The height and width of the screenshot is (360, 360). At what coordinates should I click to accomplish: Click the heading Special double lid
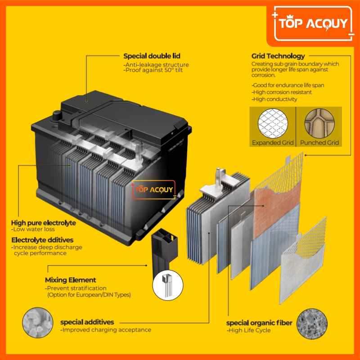[x=152, y=56]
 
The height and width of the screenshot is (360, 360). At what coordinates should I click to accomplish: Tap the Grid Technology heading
[x=278, y=56]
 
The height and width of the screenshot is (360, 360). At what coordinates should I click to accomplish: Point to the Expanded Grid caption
[x=273, y=143]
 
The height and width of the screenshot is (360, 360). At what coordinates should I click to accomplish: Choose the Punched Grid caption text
[x=319, y=143]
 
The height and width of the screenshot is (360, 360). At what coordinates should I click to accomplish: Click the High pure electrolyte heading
[x=43, y=223]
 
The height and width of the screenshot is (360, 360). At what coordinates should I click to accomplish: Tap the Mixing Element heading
[x=71, y=280]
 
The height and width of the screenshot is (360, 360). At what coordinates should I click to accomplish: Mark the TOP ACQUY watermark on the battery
[x=153, y=190]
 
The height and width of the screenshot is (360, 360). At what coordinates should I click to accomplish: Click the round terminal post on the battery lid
[x=57, y=115]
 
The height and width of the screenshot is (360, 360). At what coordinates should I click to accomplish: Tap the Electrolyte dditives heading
[x=42, y=240]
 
